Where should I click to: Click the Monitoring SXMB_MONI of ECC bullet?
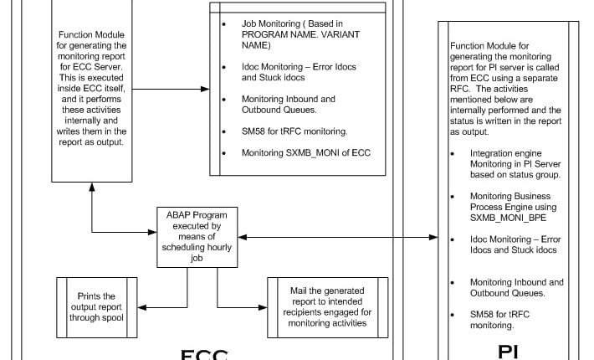pyautogui.click(x=305, y=153)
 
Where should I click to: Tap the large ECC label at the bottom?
pyautogui.click(x=205, y=352)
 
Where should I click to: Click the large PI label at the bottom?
pyautogui.click(x=508, y=351)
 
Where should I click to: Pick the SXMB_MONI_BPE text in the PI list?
pyautogui.click(x=504, y=217)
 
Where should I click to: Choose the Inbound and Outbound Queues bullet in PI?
pyautogui.click(x=516, y=288)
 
